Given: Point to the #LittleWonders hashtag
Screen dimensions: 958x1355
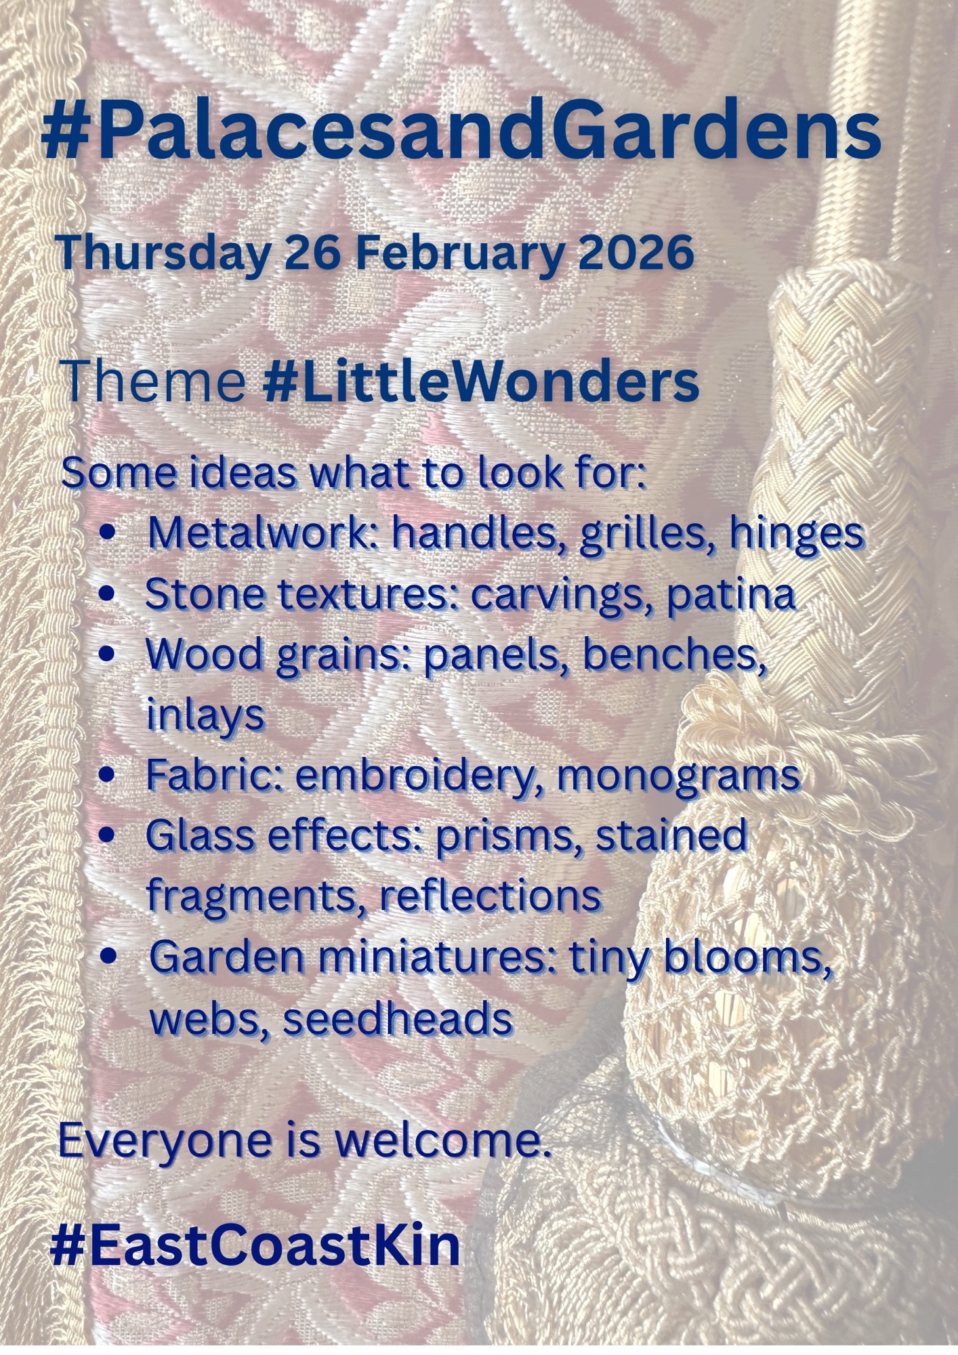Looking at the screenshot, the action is tap(480, 382).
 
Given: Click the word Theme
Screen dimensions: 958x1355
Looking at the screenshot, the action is tap(154, 382).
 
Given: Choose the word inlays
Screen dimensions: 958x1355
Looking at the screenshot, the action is tap(205, 716).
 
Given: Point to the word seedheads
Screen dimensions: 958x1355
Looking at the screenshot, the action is tap(397, 1017).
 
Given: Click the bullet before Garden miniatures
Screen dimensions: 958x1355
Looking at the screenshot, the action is tap(107, 957).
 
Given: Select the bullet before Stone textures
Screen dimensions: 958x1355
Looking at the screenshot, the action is tap(107, 594).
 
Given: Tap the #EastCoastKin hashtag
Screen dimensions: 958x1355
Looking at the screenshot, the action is tap(255, 1245).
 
